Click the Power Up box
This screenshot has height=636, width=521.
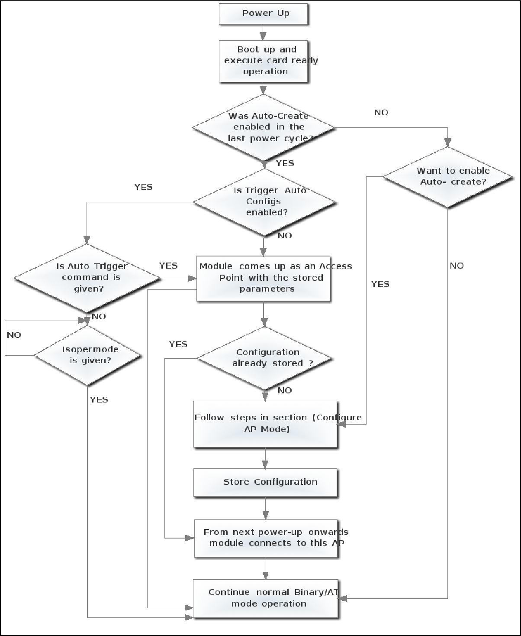tap(263, 14)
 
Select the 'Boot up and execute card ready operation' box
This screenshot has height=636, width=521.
tap(263, 61)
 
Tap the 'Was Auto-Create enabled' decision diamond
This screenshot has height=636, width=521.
tap(264, 127)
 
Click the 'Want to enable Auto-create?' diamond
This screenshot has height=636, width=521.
tap(448, 177)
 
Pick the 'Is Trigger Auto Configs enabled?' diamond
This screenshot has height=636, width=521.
tap(264, 202)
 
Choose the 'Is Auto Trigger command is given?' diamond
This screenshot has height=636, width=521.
tap(87, 278)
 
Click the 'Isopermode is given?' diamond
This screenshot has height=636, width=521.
tap(88, 355)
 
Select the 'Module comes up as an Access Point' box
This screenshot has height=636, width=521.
tap(264, 278)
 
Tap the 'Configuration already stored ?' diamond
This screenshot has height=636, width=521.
tap(264, 358)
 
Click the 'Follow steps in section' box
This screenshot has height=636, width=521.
tap(265, 424)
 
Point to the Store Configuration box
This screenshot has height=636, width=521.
tap(265, 482)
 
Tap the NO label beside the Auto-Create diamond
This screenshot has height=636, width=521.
tap(381, 113)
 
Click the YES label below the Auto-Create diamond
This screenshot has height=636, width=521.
tap(285, 163)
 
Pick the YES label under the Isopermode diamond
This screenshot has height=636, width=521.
tap(99, 400)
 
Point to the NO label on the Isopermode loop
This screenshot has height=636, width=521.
tap(14, 335)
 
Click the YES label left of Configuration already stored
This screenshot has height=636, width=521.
tap(178, 344)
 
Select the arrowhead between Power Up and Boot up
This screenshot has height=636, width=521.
tap(263, 36)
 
